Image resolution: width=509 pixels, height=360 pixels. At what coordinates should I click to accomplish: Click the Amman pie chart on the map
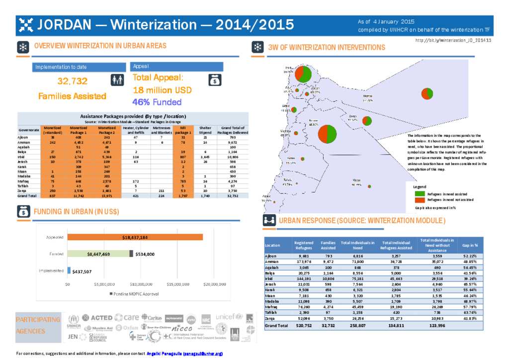pyautogui.click(x=327, y=133)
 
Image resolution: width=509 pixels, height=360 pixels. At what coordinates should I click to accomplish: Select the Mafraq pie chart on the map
pyautogui.click(x=426, y=93)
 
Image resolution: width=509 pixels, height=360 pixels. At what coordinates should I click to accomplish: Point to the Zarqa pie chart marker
pyautogui.click(x=367, y=121)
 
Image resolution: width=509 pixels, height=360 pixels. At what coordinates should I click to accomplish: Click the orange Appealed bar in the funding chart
pyautogui.click(x=135, y=237)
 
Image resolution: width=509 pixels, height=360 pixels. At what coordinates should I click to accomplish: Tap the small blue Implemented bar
pyautogui.click(x=69, y=270)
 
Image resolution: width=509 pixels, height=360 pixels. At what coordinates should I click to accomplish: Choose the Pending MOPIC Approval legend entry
pyautogui.click(x=134, y=294)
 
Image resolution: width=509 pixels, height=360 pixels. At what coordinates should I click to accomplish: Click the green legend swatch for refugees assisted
pyautogui.click(x=420, y=193)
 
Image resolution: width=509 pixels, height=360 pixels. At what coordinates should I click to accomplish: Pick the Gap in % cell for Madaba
pyautogui.click(x=470, y=301)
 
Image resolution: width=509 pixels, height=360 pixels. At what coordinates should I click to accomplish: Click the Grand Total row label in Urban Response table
pyautogui.click(x=276, y=326)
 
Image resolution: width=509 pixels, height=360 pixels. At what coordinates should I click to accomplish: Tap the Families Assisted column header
pyautogui.click(x=328, y=245)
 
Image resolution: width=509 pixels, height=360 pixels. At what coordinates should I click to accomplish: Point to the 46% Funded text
pyautogui.click(x=157, y=102)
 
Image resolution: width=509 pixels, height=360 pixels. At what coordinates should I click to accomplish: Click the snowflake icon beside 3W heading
pyautogui.click(x=257, y=47)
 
